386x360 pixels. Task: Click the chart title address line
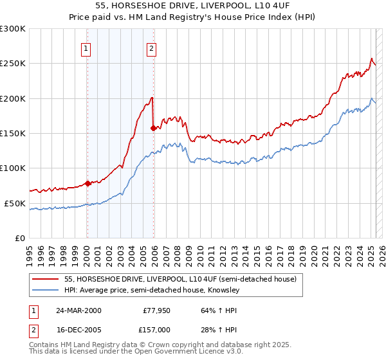pyautogui.click(x=193, y=6)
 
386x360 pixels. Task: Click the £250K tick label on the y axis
pyautogui.click(x=13, y=64)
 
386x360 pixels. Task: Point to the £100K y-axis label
pyautogui.click(x=13, y=168)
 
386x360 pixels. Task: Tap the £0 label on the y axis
pyautogui.click(x=21, y=238)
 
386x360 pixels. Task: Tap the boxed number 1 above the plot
pyautogui.click(x=86, y=47)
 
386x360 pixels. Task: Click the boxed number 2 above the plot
pyautogui.click(x=151, y=47)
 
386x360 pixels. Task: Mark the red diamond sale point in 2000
pyautogui.click(x=87, y=184)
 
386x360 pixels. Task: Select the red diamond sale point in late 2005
pyautogui.click(x=153, y=128)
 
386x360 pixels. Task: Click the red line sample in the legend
pyautogui.click(x=46, y=279)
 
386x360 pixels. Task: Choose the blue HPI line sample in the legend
pyautogui.click(x=46, y=291)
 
